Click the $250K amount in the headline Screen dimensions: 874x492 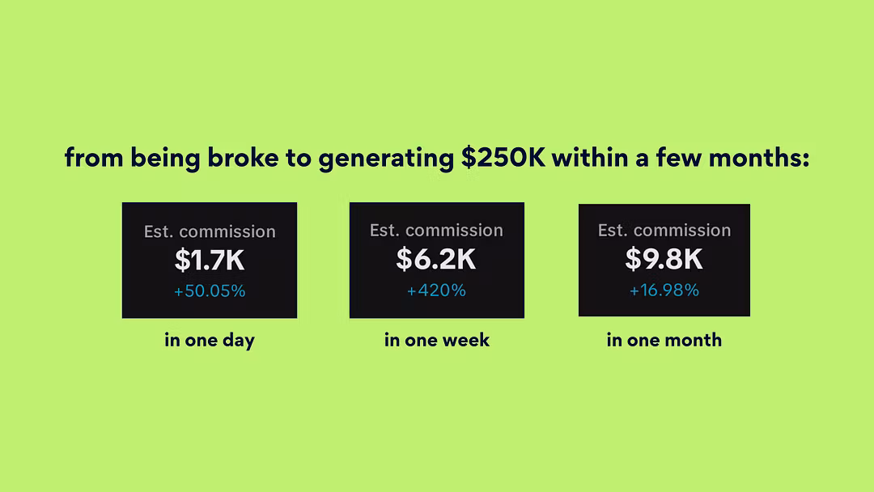[x=503, y=158]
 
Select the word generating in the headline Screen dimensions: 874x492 [x=386, y=159]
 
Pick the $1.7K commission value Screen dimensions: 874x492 [x=210, y=260]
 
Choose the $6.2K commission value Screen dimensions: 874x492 [x=436, y=258]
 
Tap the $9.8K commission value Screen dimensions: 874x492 [x=664, y=258]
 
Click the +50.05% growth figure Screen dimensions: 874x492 [x=210, y=291]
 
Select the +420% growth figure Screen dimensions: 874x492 [x=436, y=291]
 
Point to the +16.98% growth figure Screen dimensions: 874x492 [x=664, y=290]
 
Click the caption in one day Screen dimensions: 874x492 [x=210, y=340]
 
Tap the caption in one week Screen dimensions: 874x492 [x=437, y=340]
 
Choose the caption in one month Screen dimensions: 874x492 [x=664, y=340]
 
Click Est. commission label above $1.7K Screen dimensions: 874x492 [x=210, y=231]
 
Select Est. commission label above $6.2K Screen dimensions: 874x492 [x=436, y=230]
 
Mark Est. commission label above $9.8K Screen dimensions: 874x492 [x=664, y=230]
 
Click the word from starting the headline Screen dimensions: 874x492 [x=94, y=158]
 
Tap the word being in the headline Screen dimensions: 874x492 [x=166, y=159]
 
